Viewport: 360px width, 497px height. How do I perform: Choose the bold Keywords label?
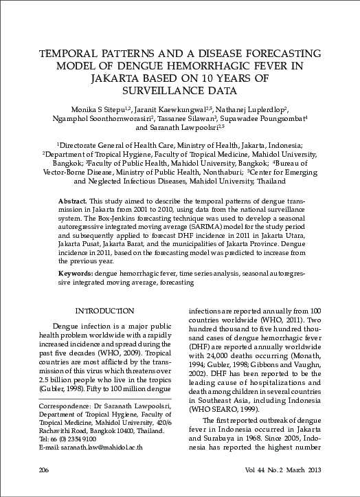(76, 274)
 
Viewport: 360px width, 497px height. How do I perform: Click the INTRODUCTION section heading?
(104, 311)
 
